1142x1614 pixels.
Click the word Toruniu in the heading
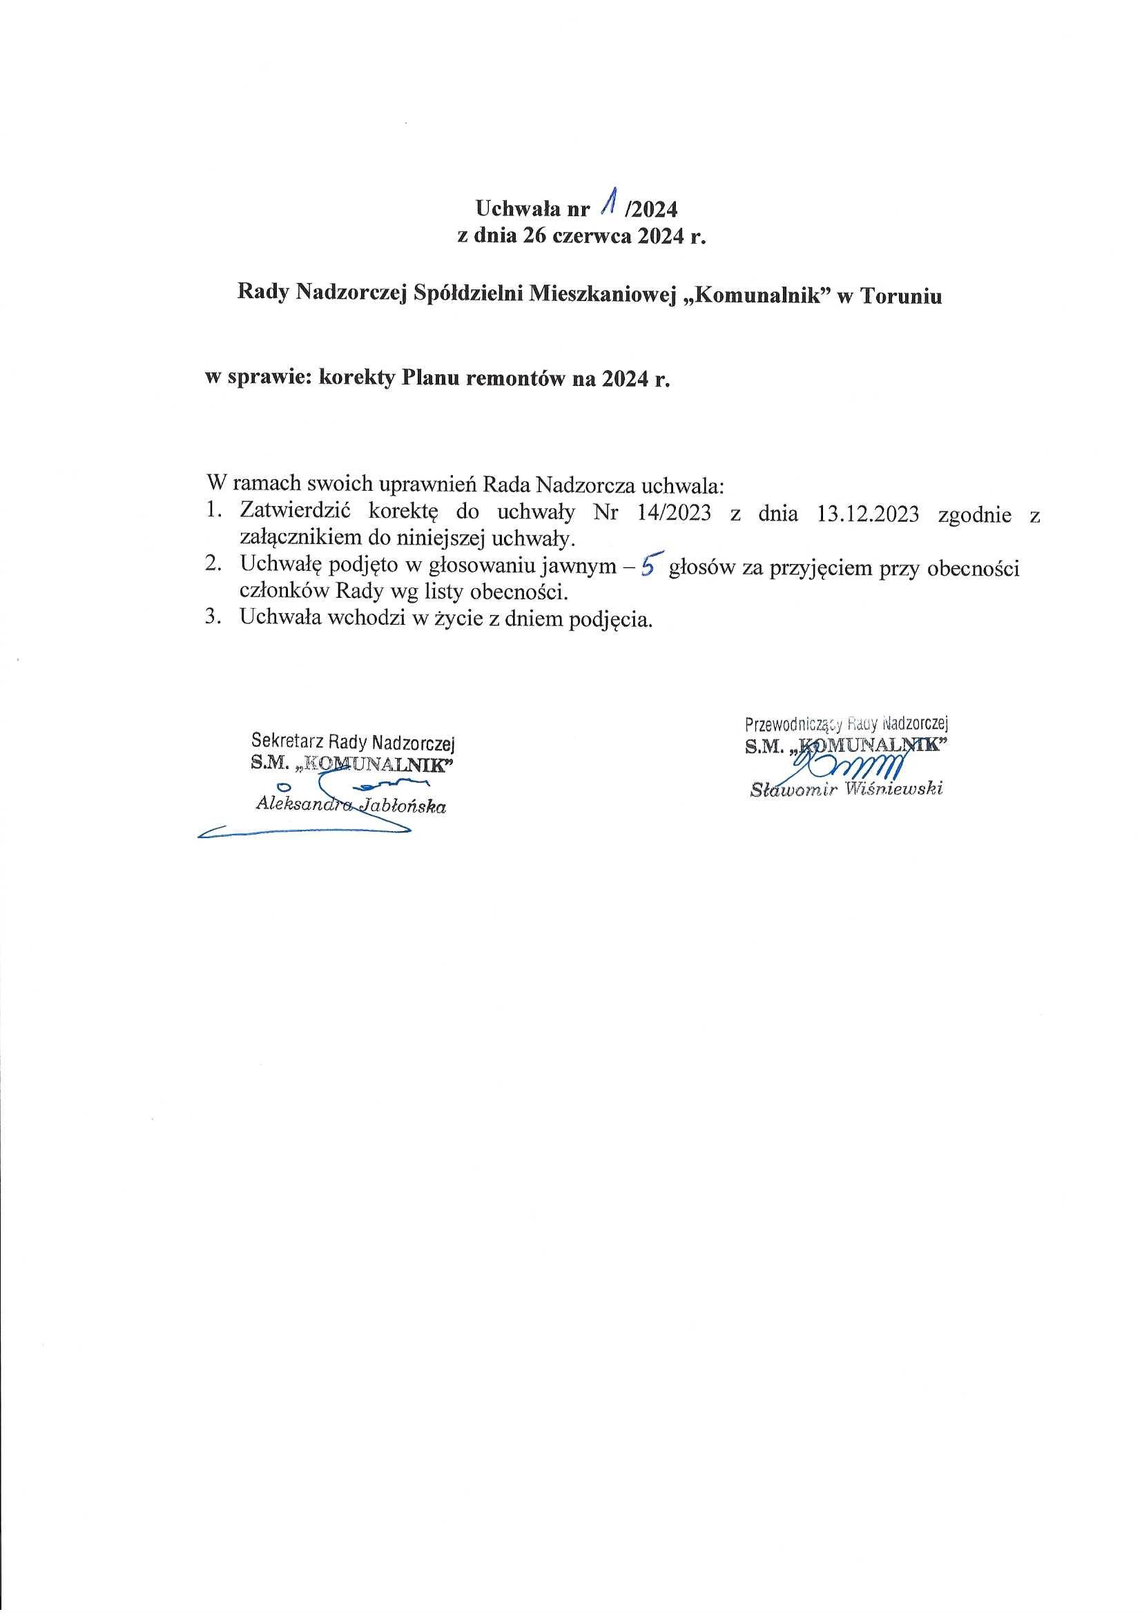click(902, 296)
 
